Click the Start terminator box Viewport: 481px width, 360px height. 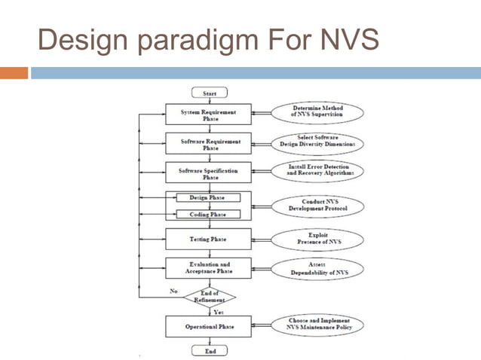point(210,93)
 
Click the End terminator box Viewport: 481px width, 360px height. point(210,350)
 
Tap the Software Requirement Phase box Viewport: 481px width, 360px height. point(208,143)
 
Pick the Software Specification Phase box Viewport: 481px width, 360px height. point(208,173)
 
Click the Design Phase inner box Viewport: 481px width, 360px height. point(208,198)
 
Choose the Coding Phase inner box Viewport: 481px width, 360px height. point(208,214)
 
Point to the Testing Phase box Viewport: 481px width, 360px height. point(208,239)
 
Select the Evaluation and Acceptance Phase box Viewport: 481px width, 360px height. point(208,268)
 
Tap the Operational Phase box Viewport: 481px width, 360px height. point(208,327)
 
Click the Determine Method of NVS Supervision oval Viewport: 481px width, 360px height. point(317,112)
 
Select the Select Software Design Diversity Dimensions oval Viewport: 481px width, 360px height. point(317,142)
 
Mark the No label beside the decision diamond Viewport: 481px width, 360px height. point(174,289)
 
